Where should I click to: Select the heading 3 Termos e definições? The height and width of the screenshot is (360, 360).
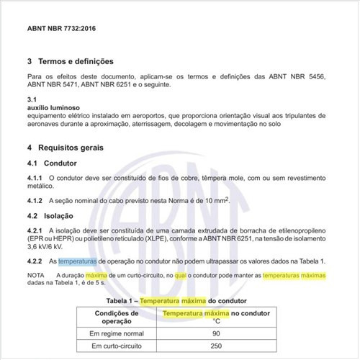tap(70, 62)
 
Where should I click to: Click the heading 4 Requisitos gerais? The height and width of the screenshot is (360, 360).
tap(65, 148)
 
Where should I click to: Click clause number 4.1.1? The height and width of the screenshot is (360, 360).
tap(35, 177)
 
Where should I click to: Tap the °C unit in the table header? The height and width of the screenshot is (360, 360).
tap(215, 321)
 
